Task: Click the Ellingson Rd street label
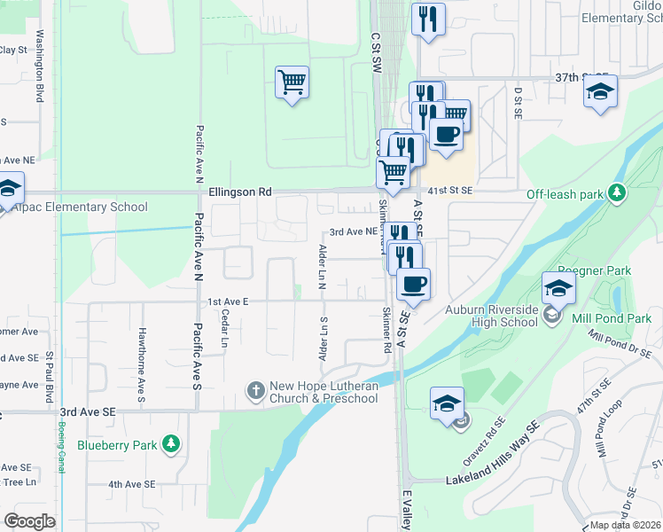click(x=239, y=192)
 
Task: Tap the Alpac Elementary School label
click(x=80, y=207)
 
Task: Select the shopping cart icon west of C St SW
click(x=292, y=83)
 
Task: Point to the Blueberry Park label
click(x=116, y=444)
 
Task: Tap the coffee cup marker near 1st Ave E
click(x=413, y=285)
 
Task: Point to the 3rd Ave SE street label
click(x=88, y=412)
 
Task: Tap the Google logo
click(x=29, y=520)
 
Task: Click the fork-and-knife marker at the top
click(x=428, y=20)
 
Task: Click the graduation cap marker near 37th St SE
click(x=601, y=92)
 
